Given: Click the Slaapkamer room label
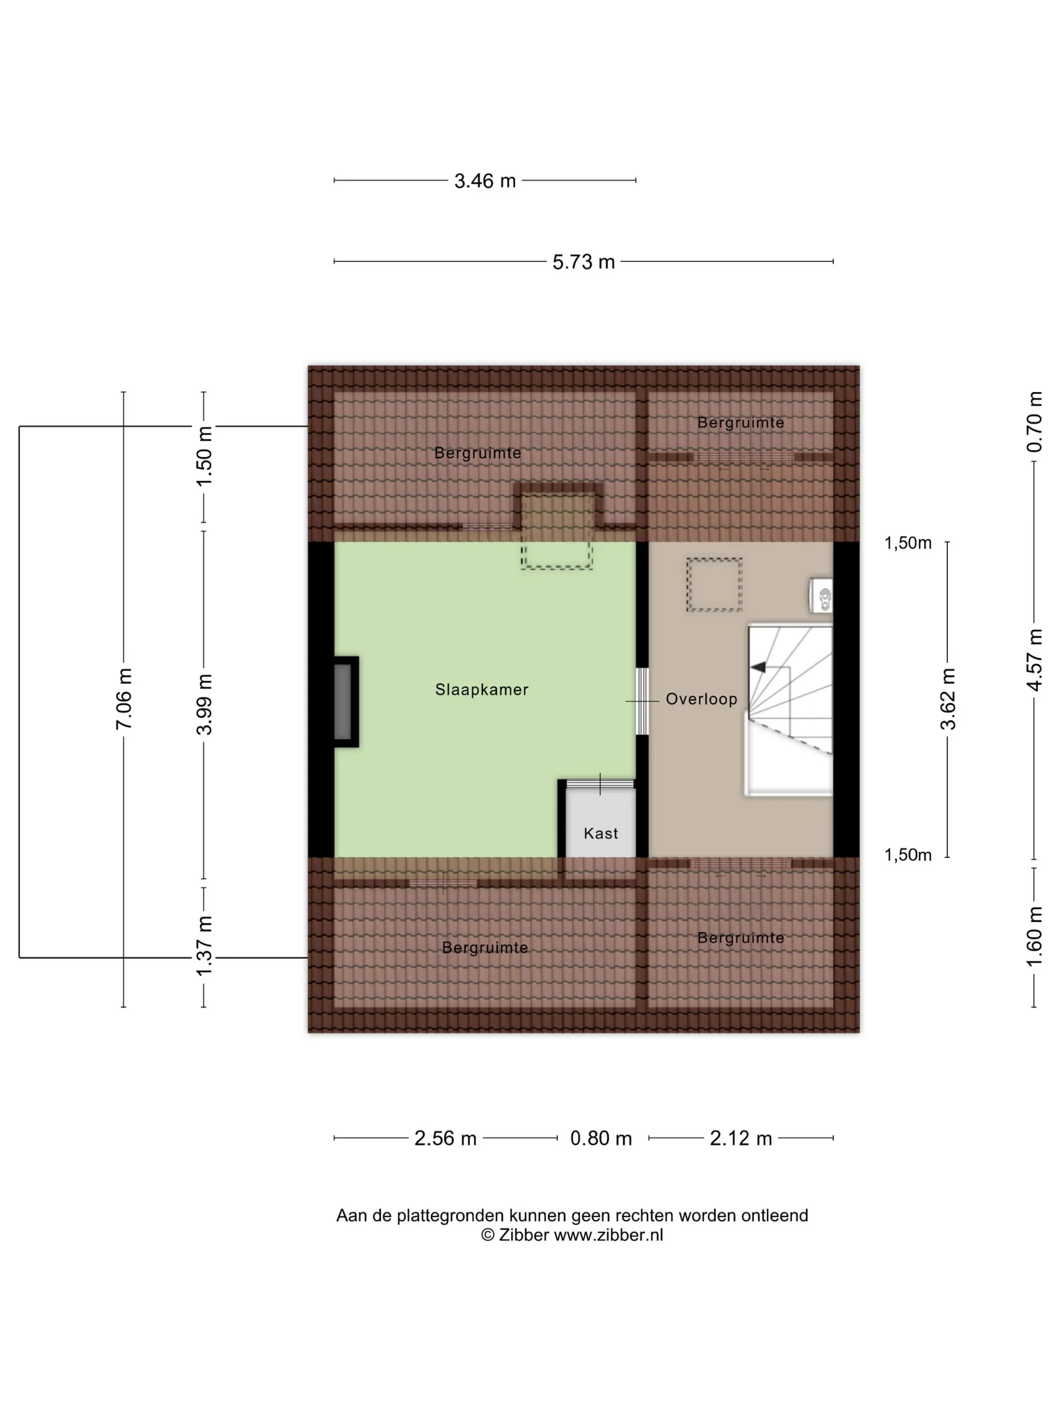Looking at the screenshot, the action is point(482,690).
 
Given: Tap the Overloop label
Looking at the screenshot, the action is point(702,699).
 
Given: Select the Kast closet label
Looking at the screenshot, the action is point(601,834).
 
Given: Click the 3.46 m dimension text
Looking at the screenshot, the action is point(485,181).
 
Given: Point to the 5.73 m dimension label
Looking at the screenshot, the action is point(584,262).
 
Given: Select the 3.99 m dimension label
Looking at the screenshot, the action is point(204,704).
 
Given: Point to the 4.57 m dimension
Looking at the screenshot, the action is point(1034,660).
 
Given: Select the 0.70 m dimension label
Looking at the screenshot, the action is point(1034,422).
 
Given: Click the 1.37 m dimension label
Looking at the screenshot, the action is point(204,945).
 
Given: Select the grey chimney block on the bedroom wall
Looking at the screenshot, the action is point(343,702).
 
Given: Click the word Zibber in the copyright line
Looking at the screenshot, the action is point(523,1235).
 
